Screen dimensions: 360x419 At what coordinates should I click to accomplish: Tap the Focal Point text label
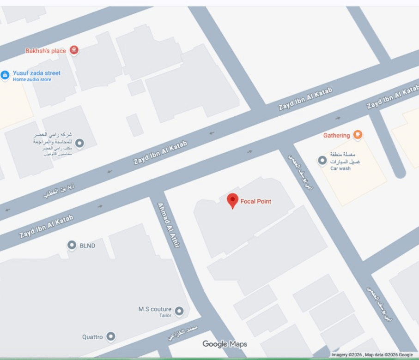[x=255, y=201]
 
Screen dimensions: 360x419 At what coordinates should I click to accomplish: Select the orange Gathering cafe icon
[x=357, y=135]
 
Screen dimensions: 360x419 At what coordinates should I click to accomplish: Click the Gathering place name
[x=336, y=135]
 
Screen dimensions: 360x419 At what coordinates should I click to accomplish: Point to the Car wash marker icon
[x=322, y=161]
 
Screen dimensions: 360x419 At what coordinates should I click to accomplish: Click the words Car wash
[x=340, y=168]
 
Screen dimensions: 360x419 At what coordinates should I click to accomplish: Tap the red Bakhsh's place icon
[x=73, y=50]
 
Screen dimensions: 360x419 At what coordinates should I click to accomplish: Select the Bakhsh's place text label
[x=46, y=51]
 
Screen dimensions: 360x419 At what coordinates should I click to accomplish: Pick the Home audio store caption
[x=32, y=80]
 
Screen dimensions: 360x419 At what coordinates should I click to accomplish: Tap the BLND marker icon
[x=72, y=246]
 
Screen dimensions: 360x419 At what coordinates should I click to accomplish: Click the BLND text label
[x=87, y=246]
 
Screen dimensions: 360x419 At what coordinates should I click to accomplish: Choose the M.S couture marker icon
[x=179, y=311]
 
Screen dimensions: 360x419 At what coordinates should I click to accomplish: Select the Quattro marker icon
[x=111, y=337]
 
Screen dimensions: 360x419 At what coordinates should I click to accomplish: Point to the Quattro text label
[x=92, y=337]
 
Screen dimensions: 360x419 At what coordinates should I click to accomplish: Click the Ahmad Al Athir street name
[x=168, y=225]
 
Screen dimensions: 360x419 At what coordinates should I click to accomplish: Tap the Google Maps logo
[x=225, y=344]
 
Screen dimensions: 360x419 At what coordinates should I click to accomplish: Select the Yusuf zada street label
[x=36, y=73]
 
